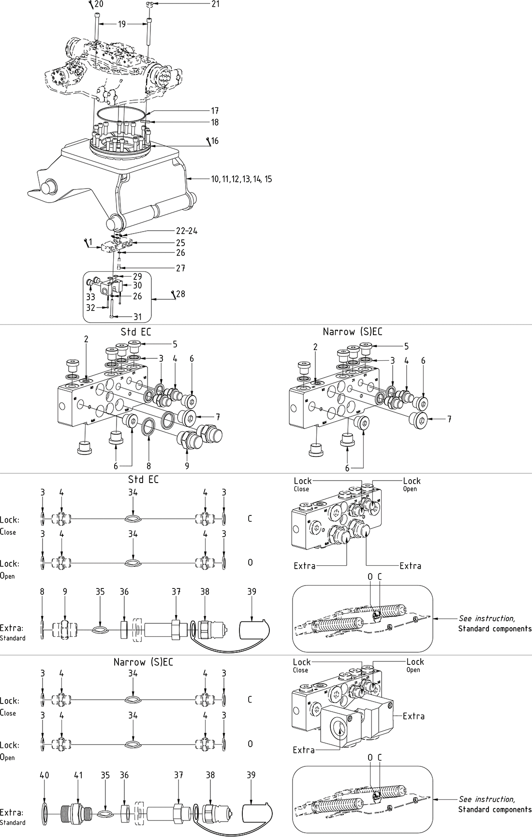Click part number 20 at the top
pyautogui.click(x=99, y=4)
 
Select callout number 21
pyautogui.click(x=215, y=4)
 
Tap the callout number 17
pyautogui.click(x=215, y=111)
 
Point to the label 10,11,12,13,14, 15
pyautogui.click(x=241, y=179)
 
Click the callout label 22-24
pyautogui.click(x=186, y=231)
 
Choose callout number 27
pyautogui.click(x=180, y=268)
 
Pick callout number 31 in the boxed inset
pyautogui.click(x=138, y=317)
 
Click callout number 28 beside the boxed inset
pyautogui.click(x=180, y=294)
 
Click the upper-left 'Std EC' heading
pyautogui.click(x=136, y=332)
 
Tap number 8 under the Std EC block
pyautogui.click(x=149, y=466)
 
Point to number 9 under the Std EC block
pyautogui.click(x=187, y=466)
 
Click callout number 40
pyautogui.click(x=44, y=775)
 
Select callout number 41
pyautogui.click(x=78, y=775)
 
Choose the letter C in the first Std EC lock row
pyautogui.click(x=250, y=519)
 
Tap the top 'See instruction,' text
pyautogui.click(x=487, y=618)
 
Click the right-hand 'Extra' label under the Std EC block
pyautogui.click(x=410, y=566)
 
